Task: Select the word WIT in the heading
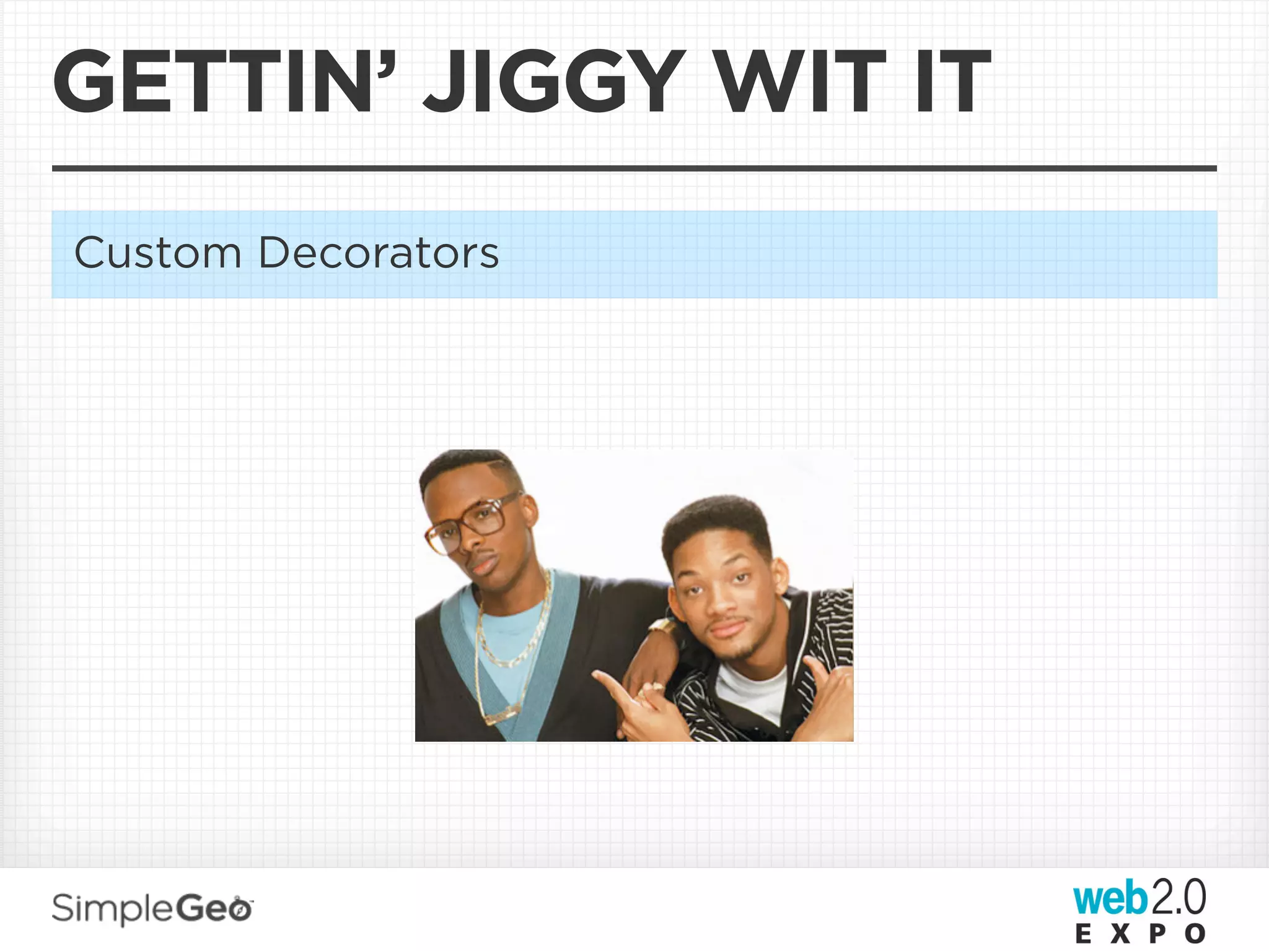pyautogui.click(x=802, y=82)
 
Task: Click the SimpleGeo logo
pyautogui.click(x=152, y=909)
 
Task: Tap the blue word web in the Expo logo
pyautogui.click(x=1110, y=898)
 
